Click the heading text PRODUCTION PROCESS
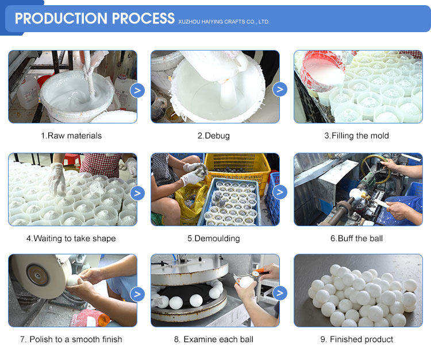pyautogui.click(x=95, y=18)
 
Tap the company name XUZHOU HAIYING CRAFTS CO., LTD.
pyautogui.click(x=224, y=22)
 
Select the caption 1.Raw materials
pyautogui.click(x=71, y=136)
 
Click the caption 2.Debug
pyautogui.click(x=214, y=136)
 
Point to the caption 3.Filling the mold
pyautogui.click(x=356, y=136)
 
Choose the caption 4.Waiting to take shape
pyautogui.click(x=71, y=238)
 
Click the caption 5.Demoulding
pyautogui.click(x=214, y=238)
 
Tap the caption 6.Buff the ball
pyautogui.click(x=356, y=238)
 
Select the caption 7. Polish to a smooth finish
pyautogui.click(x=71, y=339)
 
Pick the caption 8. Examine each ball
pyautogui.click(x=214, y=339)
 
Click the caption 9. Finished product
pyautogui.click(x=356, y=339)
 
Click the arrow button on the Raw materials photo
pyautogui.click(x=137, y=90)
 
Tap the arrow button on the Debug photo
pyautogui.click(x=280, y=89)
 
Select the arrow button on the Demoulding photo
pyautogui.click(x=280, y=192)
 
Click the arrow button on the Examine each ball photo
pyautogui.click(x=280, y=293)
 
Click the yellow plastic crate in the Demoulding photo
pyautogui.click(x=237, y=168)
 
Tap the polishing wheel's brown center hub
pyautogui.click(x=37, y=275)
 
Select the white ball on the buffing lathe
pyautogui.click(x=355, y=193)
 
